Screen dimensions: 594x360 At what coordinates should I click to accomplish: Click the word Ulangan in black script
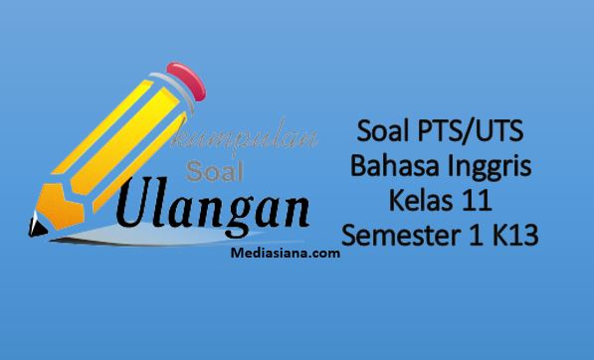pyautogui.click(x=213, y=206)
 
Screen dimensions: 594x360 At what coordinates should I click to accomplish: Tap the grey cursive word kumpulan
pyautogui.click(x=243, y=137)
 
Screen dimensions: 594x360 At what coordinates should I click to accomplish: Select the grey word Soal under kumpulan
pyautogui.click(x=214, y=171)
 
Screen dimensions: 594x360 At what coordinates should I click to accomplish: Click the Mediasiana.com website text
pyautogui.click(x=285, y=253)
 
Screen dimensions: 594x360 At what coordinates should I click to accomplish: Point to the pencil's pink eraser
pyautogui.click(x=186, y=81)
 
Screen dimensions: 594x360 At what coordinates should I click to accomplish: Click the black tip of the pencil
pyautogui.click(x=37, y=226)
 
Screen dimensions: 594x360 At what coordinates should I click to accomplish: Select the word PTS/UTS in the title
pyautogui.click(x=471, y=131)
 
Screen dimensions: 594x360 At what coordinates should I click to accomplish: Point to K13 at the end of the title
pyautogui.click(x=515, y=235)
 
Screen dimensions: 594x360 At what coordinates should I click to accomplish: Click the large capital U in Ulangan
pyautogui.click(x=133, y=202)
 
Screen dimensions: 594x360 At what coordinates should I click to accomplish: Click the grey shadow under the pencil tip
pyautogui.click(x=151, y=236)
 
